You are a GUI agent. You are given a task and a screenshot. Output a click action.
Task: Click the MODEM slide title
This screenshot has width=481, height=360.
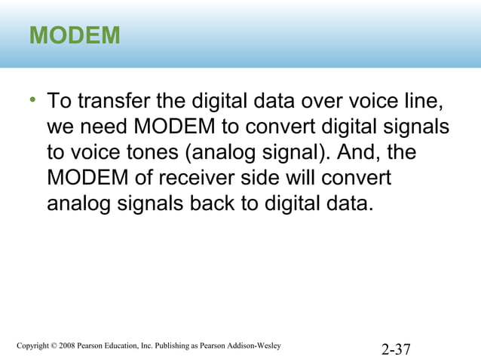click(75, 35)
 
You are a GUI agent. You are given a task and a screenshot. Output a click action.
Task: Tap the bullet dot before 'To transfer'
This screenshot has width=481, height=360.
click(33, 100)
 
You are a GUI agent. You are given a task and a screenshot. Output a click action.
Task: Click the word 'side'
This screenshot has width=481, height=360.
click(300, 178)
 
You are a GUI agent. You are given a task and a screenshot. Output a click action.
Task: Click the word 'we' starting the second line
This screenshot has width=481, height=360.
click(60, 127)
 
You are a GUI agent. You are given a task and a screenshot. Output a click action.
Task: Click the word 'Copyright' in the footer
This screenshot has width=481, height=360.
click(35, 346)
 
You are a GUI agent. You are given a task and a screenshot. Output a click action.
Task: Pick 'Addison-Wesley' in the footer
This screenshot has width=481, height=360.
click(254, 346)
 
